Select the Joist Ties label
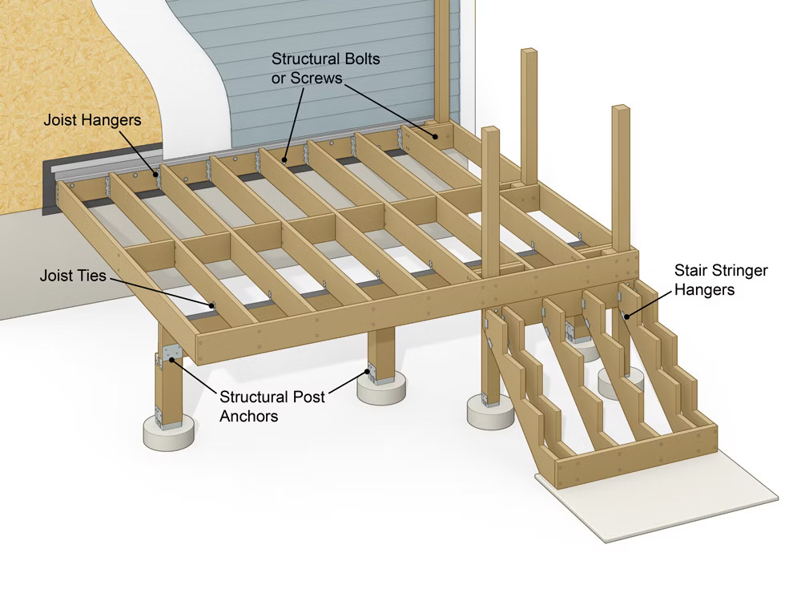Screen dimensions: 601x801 tap(73, 276)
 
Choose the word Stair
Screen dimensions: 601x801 tap(691, 270)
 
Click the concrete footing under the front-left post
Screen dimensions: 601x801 tap(169, 435)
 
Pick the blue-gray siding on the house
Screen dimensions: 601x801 tap(336, 32)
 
